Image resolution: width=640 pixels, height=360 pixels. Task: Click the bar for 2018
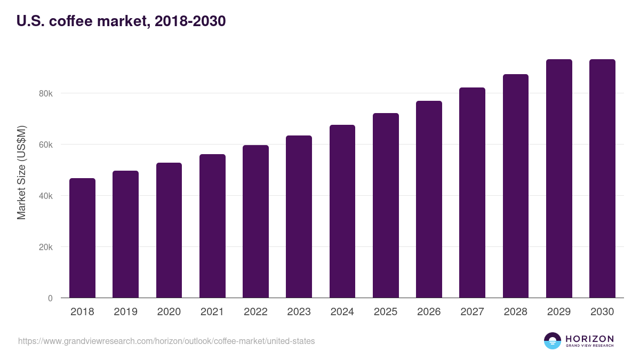(x=82, y=238)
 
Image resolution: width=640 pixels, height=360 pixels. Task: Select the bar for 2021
(x=212, y=226)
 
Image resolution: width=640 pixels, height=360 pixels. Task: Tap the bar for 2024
(x=342, y=211)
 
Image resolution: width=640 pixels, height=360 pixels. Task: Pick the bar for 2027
(x=472, y=193)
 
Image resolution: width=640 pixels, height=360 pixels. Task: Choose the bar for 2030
(x=602, y=179)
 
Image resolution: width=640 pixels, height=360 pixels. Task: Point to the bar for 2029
(x=559, y=179)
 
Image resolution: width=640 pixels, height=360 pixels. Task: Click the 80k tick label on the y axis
(x=46, y=93)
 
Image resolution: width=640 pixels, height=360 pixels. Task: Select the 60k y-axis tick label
(x=46, y=145)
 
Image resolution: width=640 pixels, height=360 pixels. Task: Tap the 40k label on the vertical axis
(x=46, y=196)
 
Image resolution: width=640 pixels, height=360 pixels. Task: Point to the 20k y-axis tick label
(x=46, y=247)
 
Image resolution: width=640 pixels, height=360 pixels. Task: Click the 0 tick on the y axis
(x=50, y=298)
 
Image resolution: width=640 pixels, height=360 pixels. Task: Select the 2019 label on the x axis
(x=125, y=311)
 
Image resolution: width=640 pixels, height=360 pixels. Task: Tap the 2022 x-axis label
(x=255, y=311)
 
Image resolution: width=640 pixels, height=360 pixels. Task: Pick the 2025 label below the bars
(x=386, y=311)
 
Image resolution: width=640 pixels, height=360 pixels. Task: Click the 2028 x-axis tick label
(x=516, y=311)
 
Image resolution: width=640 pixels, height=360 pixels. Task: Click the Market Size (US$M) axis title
(x=21, y=173)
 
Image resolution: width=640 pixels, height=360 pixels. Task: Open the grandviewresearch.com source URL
(x=166, y=341)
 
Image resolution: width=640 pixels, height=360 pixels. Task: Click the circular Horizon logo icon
(x=553, y=341)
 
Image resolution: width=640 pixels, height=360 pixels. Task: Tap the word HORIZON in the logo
(x=589, y=338)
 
